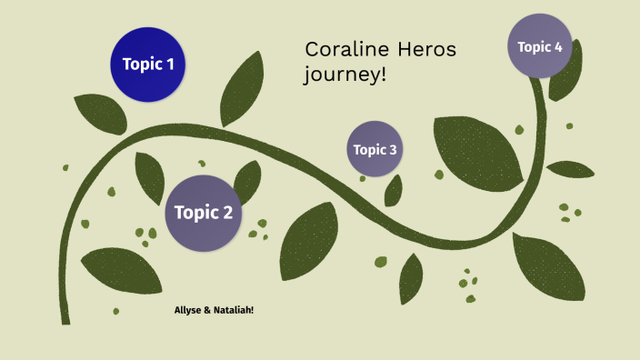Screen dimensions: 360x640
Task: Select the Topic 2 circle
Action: coord(204,214)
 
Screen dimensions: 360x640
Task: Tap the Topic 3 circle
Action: coord(375,149)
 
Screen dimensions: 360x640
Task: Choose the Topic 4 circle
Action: coord(540,46)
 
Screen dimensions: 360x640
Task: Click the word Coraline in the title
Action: coord(346,49)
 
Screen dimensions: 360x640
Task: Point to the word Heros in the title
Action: coord(427,49)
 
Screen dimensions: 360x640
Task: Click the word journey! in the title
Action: coord(345,75)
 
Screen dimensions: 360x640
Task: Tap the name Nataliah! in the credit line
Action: coord(234,311)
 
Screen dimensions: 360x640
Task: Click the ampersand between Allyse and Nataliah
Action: coord(207,311)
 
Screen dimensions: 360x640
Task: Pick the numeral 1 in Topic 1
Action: coord(169,65)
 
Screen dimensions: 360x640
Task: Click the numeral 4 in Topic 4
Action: coord(558,46)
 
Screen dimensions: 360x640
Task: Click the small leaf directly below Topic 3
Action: coord(394,191)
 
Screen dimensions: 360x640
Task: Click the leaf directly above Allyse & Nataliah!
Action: coord(120,270)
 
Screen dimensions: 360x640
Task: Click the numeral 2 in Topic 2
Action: coord(227,214)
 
